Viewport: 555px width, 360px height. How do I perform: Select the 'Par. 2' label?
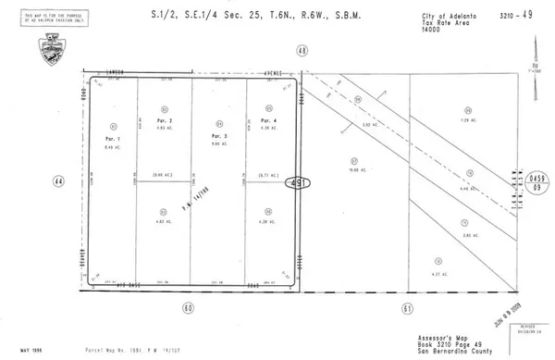[x=166, y=121]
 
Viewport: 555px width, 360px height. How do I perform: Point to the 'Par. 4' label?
[x=268, y=121]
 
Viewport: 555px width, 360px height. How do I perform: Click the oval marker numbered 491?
[x=296, y=184]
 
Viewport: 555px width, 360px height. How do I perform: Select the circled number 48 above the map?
[x=302, y=52]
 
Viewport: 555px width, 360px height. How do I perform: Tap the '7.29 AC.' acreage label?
[x=466, y=120]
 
